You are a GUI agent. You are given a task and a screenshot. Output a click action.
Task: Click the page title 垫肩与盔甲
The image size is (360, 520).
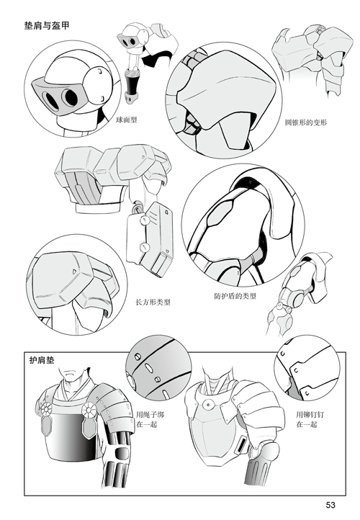pyautogui.click(x=47, y=25)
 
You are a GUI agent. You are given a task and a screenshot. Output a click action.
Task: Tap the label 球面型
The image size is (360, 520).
pyautogui.click(x=126, y=120)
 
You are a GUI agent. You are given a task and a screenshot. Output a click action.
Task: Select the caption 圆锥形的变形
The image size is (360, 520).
pyautogui.click(x=306, y=122)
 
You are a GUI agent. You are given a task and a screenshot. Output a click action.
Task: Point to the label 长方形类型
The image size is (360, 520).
pyautogui.click(x=153, y=302)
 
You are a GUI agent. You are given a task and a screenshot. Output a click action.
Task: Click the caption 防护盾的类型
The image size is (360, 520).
pyautogui.click(x=235, y=296)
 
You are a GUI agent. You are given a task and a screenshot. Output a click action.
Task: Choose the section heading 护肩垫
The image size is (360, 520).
pyautogui.click(x=42, y=360)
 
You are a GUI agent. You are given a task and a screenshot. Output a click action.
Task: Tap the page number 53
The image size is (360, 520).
pyautogui.click(x=330, y=505)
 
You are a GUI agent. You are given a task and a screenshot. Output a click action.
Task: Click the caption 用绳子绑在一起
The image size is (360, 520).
pyautogui.click(x=150, y=419)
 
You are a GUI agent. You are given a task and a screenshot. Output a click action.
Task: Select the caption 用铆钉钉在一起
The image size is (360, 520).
pyautogui.click(x=310, y=419)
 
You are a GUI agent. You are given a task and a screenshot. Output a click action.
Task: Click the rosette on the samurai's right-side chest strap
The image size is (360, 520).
pyautogui.click(x=89, y=411)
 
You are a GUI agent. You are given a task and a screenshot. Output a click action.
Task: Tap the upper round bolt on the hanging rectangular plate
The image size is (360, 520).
pyautogui.click(x=143, y=220)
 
